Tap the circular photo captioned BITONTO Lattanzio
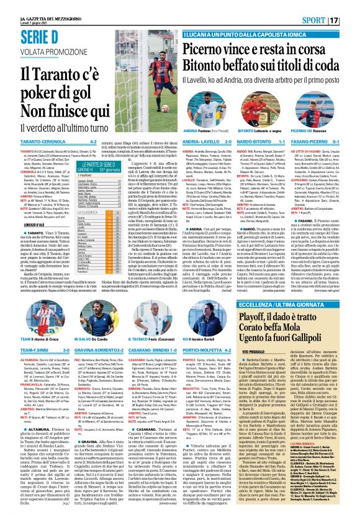coord(240,94)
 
